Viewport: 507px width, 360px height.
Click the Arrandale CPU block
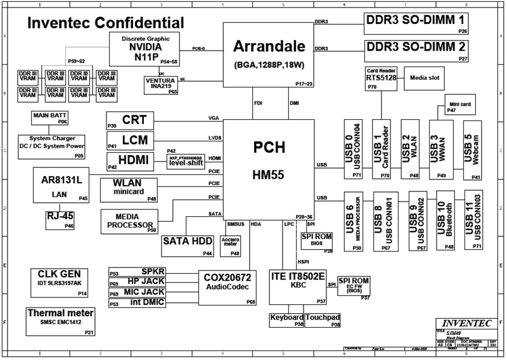[268, 55]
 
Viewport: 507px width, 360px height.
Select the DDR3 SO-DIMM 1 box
[416, 23]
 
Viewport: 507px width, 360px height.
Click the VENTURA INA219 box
[162, 84]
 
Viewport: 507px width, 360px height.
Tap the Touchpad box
[324, 319]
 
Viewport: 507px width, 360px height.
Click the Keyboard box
[286, 319]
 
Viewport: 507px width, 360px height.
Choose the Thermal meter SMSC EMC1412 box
[61, 319]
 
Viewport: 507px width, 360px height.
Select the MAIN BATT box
[49, 117]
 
